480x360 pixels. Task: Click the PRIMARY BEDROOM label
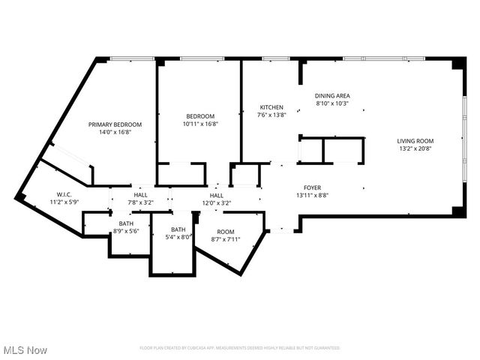[115, 124]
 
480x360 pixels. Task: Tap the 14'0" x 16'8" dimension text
[115, 133]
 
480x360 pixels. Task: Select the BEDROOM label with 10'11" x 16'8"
[201, 115]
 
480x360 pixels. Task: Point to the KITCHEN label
[271, 107]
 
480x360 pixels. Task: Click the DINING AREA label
[332, 95]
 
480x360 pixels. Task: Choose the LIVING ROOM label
[415, 140]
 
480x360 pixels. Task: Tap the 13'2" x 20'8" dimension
[415, 148]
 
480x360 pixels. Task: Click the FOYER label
[312, 187]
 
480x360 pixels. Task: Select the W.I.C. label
[64, 193]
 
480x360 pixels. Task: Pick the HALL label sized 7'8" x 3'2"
[141, 194]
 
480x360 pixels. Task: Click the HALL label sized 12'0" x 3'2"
[216, 194]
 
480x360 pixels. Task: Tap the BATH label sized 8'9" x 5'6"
[126, 223]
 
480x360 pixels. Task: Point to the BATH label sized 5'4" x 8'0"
[178, 229]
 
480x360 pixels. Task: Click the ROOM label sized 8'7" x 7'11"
[226, 232]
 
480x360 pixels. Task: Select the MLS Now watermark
[25, 350]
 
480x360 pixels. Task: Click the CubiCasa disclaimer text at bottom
[239, 348]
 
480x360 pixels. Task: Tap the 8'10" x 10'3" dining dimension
[332, 103]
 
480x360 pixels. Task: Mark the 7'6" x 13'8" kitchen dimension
[271, 115]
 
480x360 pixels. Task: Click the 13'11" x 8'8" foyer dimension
[312, 195]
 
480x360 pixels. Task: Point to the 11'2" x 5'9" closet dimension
[64, 202]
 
